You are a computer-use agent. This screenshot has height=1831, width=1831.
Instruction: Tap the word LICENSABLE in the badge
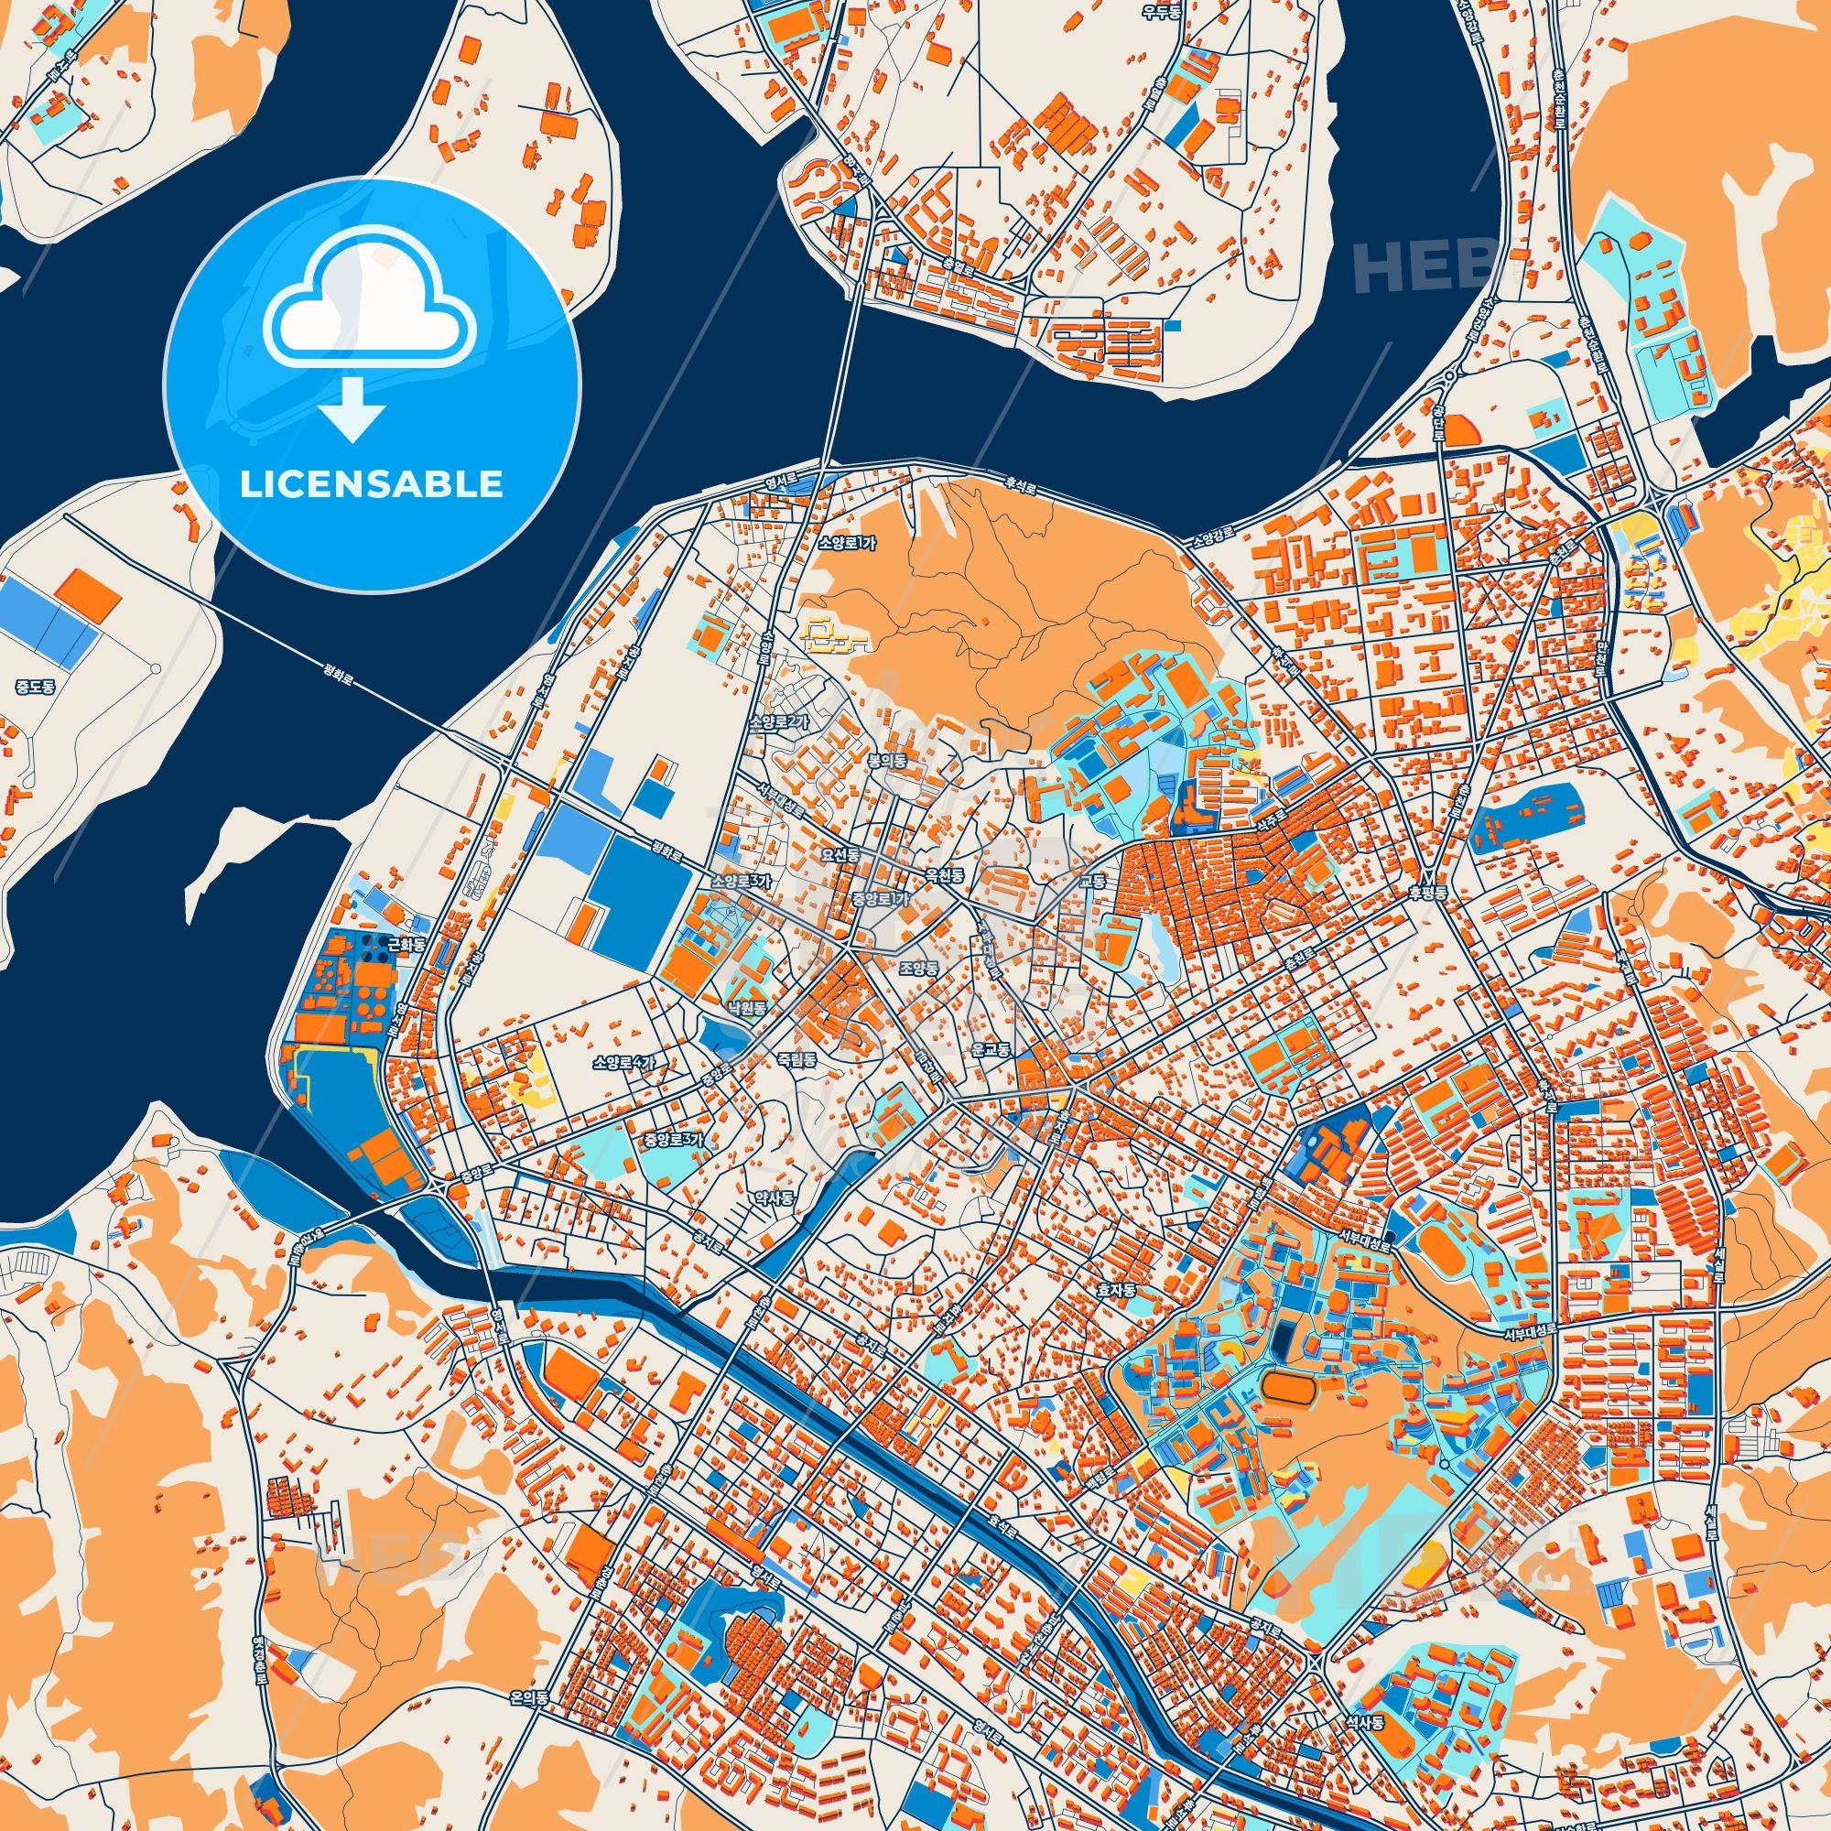[371, 483]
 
